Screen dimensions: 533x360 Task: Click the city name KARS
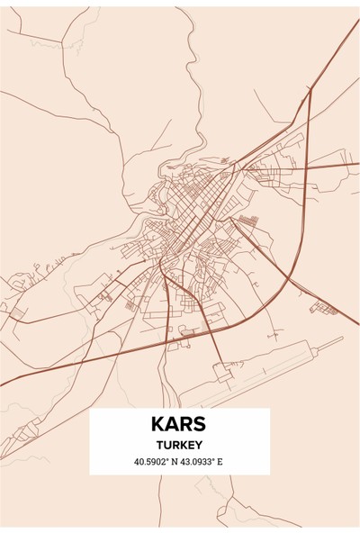tap(180, 424)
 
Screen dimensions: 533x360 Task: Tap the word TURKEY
tap(180, 446)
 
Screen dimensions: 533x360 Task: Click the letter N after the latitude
tap(178, 463)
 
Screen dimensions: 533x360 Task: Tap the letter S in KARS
tap(200, 424)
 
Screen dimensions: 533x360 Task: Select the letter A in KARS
tap(173, 424)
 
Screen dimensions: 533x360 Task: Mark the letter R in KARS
tap(186, 424)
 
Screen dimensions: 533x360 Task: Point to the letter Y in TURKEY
tap(200, 446)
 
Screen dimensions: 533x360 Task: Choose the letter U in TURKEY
tap(168, 446)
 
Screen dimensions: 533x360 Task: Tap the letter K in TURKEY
tap(184, 446)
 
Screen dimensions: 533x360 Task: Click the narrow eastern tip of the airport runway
tap(341, 339)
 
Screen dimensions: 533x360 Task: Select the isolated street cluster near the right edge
tap(323, 309)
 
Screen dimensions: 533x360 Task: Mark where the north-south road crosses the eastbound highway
tap(307, 167)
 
